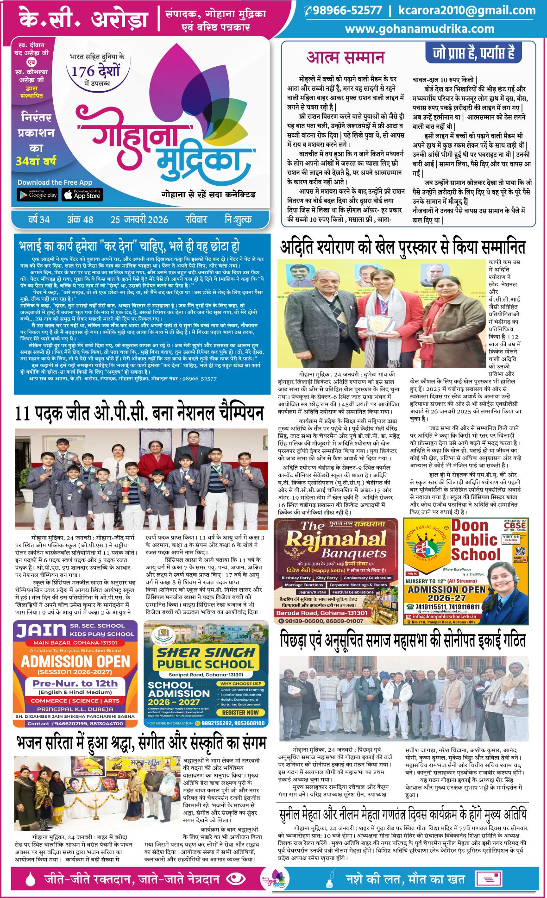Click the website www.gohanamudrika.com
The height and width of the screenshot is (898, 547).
pos(420,29)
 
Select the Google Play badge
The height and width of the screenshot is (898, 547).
pos(38,195)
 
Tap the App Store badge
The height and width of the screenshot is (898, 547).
pos(82,195)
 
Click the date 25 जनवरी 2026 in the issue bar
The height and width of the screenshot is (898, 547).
pos(139,220)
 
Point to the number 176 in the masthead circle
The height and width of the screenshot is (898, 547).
pos(82,71)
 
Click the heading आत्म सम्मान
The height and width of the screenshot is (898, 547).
pos(346,57)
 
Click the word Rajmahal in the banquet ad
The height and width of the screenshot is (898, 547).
pos(336,540)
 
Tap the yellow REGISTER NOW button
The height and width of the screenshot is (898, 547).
pos(240,712)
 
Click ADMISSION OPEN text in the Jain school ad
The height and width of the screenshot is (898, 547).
pos(75,661)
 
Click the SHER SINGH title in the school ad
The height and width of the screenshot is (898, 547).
pos(206,653)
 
